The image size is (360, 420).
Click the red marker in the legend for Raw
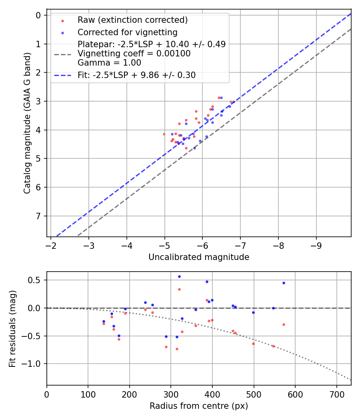(x=62, y=20)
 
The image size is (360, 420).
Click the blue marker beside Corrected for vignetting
(x=62, y=32)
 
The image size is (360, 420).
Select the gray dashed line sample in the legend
(x=62, y=53)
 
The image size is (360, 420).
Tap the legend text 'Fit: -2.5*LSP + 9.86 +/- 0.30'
(x=136, y=75)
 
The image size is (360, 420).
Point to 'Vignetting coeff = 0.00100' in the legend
(x=134, y=53)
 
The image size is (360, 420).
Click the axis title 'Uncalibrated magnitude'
(x=199, y=257)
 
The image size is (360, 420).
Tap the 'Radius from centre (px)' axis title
(x=199, y=406)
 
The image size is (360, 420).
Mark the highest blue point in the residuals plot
(x=179, y=276)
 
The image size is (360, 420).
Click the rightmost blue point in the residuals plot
(x=284, y=283)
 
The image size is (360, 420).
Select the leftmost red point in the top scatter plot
(x=164, y=134)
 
